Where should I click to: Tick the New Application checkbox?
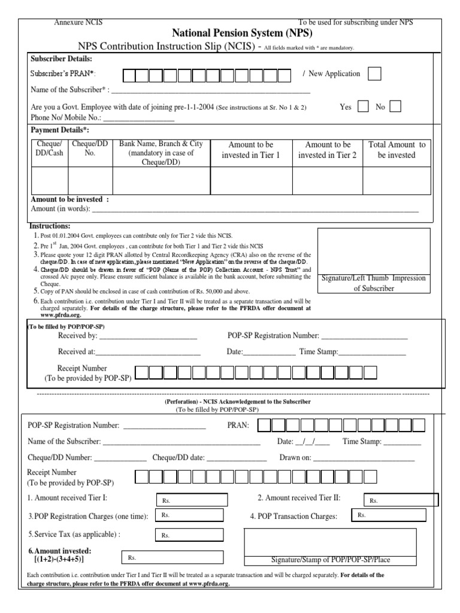pyautogui.click(x=374, y=74)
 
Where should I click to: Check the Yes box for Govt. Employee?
pyautogui.click(x=363, y=107)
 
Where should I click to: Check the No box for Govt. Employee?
pyautogui.click(x=395, y=107)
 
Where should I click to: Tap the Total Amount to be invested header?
pyautogui.click(x=397, y=150)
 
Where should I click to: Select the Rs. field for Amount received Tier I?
pyautogui.click(x=192, y=500)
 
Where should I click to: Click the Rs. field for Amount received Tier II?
pyautogui.click(x=401, y=500)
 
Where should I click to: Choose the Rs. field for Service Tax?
pyautogui.click(x=192, y=536)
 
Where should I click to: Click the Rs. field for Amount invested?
pyautogui.click(x=172, y=557)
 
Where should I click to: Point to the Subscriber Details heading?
pyautogui.click(x=61, y=59)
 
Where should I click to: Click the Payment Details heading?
pyautogui.click(x=59, y=130)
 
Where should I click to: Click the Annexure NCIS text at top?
pyautogui.click(x=78, y=22)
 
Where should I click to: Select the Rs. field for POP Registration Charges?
pyautogui.click(x=192, y=515)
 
